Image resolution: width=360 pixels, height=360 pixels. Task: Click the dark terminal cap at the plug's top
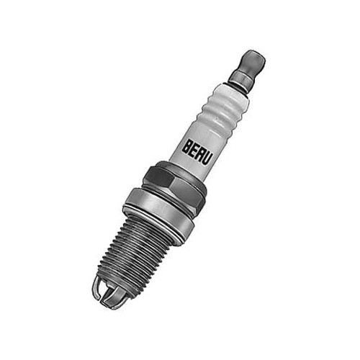tap(252, 60)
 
